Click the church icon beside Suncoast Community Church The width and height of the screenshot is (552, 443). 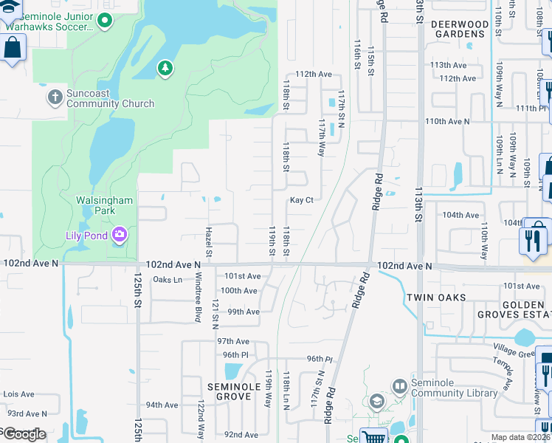[x=55, y=97]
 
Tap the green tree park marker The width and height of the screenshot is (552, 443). [x=166, y=69]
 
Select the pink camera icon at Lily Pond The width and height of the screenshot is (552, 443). [x=120, y=236]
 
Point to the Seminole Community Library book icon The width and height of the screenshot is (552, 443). [x=399, y=386]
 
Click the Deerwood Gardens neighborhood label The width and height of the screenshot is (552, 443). [x=459, y=30]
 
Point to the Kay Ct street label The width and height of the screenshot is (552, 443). [x=302, y=200]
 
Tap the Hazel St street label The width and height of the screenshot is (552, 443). [x=209, y=243]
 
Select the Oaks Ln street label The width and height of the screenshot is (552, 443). [x=167, y=280]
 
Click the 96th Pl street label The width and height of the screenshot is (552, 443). [x=315, y=359]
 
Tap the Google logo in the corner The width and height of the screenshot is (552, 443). [x=24, y=434]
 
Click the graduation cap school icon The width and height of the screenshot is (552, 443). [x=376, y=402]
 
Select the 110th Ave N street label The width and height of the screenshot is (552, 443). [x=448, y=121]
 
